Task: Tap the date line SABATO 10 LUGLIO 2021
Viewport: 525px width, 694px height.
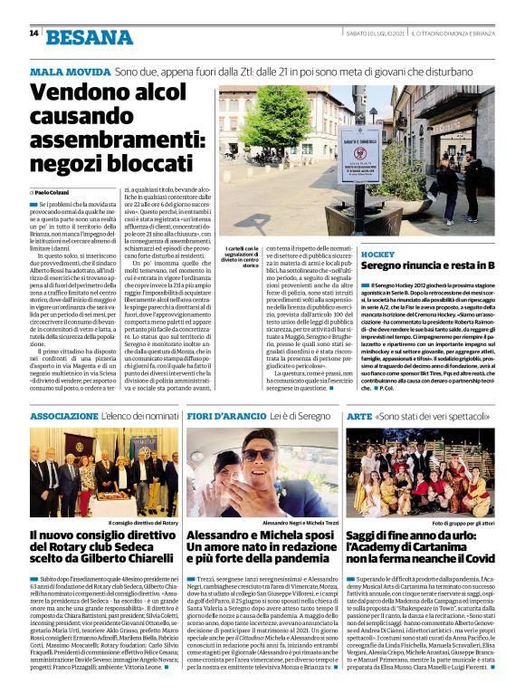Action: pyautogui.click(x=374, y=34)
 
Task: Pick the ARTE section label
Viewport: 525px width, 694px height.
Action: pyautogui.click(x=360, y=415)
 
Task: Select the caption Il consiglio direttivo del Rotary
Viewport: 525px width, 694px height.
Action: pyautogui.click(x=144, y=524)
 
